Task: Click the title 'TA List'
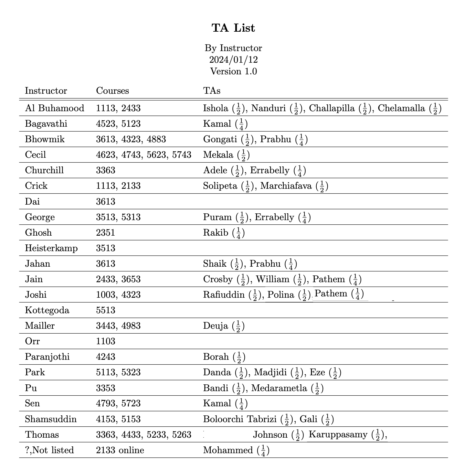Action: (233, 28)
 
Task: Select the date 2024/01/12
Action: (233, 60)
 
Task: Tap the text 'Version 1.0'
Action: (233, 71)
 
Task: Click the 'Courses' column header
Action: (112, 91)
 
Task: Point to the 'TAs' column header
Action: (212, 91)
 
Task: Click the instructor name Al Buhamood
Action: (55, 108)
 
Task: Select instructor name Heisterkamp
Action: (51, 248)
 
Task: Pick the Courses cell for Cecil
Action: (143, 155)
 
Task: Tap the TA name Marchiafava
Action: (286, 186)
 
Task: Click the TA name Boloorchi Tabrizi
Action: (240, 419)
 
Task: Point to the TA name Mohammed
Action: (228, 450)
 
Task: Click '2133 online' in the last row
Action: (120, 450)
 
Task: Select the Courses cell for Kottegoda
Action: (105, 310)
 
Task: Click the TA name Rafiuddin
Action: (224, 295)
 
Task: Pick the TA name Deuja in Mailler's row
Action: (216, 326)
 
